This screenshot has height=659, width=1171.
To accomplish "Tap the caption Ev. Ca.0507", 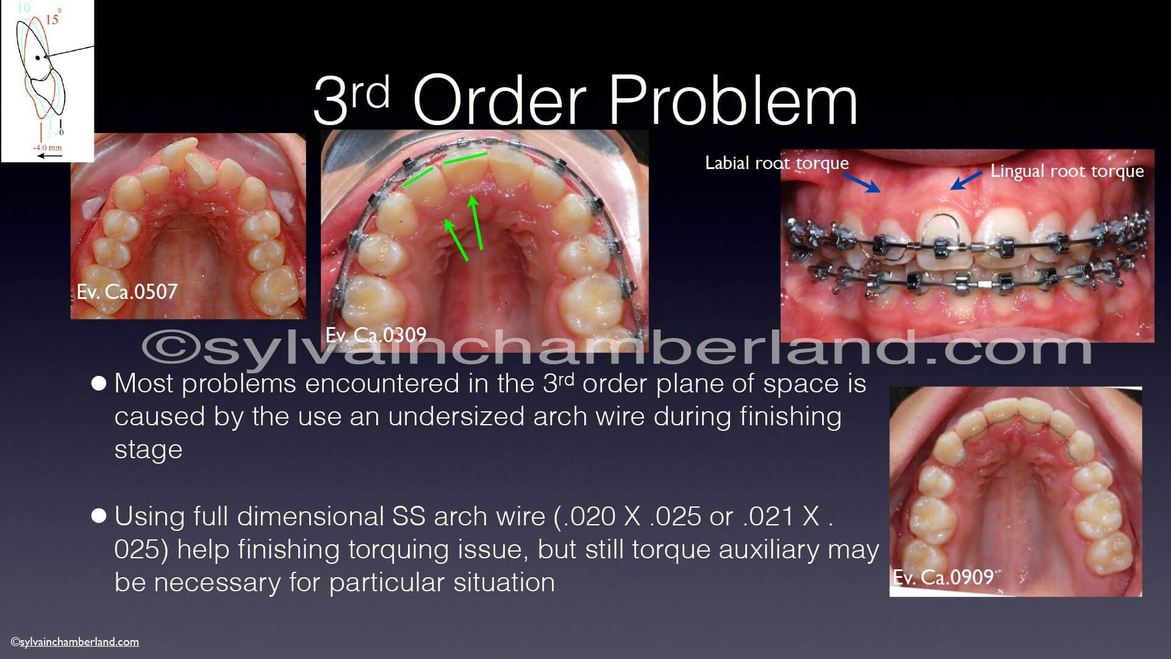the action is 127,292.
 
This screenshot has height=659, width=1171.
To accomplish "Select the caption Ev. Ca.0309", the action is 376,336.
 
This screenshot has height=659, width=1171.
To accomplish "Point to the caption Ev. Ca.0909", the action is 944,577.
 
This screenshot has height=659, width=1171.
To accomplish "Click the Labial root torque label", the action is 777,163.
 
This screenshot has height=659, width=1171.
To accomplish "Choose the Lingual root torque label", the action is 1067,171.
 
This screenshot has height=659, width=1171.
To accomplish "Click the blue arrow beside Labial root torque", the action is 862,181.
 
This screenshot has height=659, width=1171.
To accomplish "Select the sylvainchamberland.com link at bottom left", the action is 75,641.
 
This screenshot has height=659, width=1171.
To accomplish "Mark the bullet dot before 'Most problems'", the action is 99,384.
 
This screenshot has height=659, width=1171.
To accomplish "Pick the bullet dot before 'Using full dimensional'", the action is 99,516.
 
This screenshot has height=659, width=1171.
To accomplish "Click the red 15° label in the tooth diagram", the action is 52,19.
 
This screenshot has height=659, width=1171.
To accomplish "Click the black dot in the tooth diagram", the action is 38,58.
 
